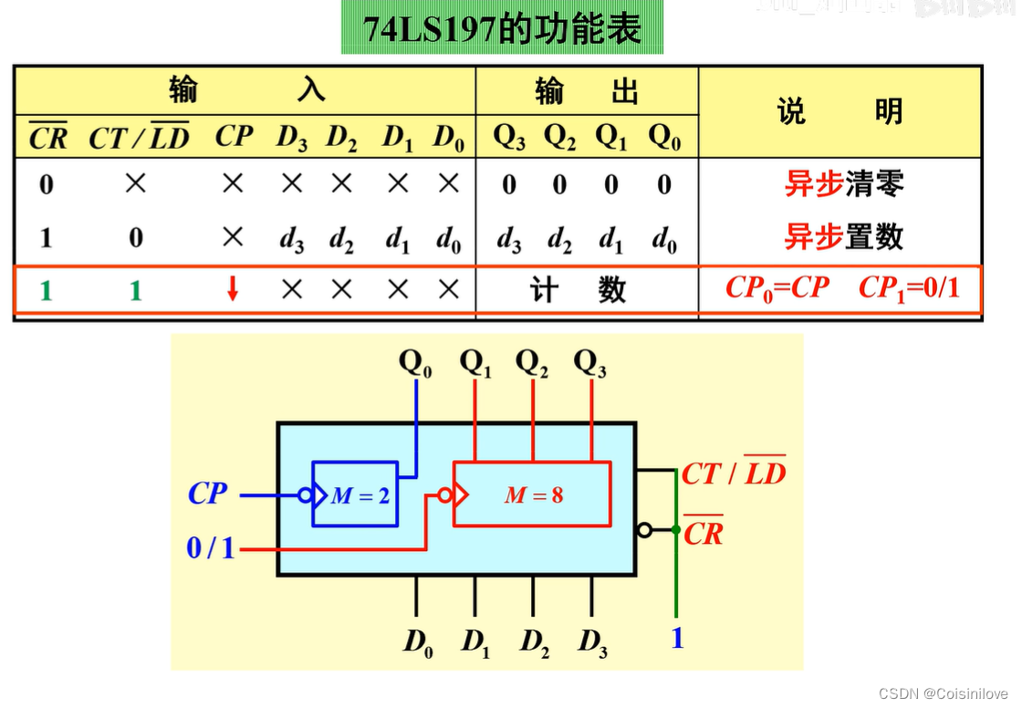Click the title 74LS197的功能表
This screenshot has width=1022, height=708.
(x=502, y=29)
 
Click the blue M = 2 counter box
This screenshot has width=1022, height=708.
(x=355, y=494)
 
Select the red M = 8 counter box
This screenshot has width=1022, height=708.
(x=533, y=495)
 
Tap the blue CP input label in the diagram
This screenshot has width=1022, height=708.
(x=208, y=494)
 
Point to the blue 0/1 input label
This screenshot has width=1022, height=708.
(x=211, y=547)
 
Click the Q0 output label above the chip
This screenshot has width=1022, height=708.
(x=416, y=363)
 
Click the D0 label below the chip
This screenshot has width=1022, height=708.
(x=418, y=642)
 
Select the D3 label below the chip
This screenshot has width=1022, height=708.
(x=592, y=642)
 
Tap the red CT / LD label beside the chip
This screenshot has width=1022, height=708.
(x=734, y=473)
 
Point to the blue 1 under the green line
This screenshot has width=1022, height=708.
(x=677, y=638)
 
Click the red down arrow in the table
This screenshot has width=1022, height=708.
(x=233, y=290)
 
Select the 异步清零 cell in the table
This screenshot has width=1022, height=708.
(x=843, y=184)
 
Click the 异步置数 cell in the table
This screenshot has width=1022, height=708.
(x=843, y=237)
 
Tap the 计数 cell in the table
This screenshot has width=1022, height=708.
(x=579, y=290)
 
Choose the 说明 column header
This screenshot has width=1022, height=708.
(x=839, y=112)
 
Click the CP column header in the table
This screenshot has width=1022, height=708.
(x=234, y=137)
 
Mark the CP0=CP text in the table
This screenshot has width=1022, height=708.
(x=777, y=288)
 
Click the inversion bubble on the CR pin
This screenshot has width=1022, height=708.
(x=645, y=530)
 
